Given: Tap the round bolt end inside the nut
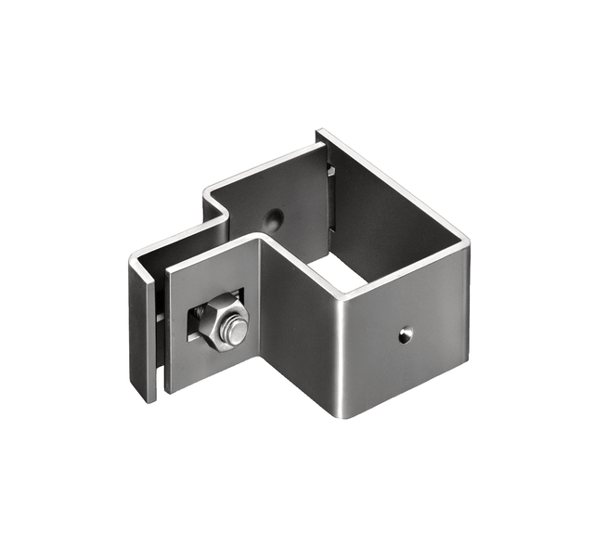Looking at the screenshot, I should pyautogui.click(x=236, y=331).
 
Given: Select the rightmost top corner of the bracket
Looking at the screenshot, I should pyautogui.click(x=467, y=243).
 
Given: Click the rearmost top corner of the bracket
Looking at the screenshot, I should pyautogui.click(x=318, y=132).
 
